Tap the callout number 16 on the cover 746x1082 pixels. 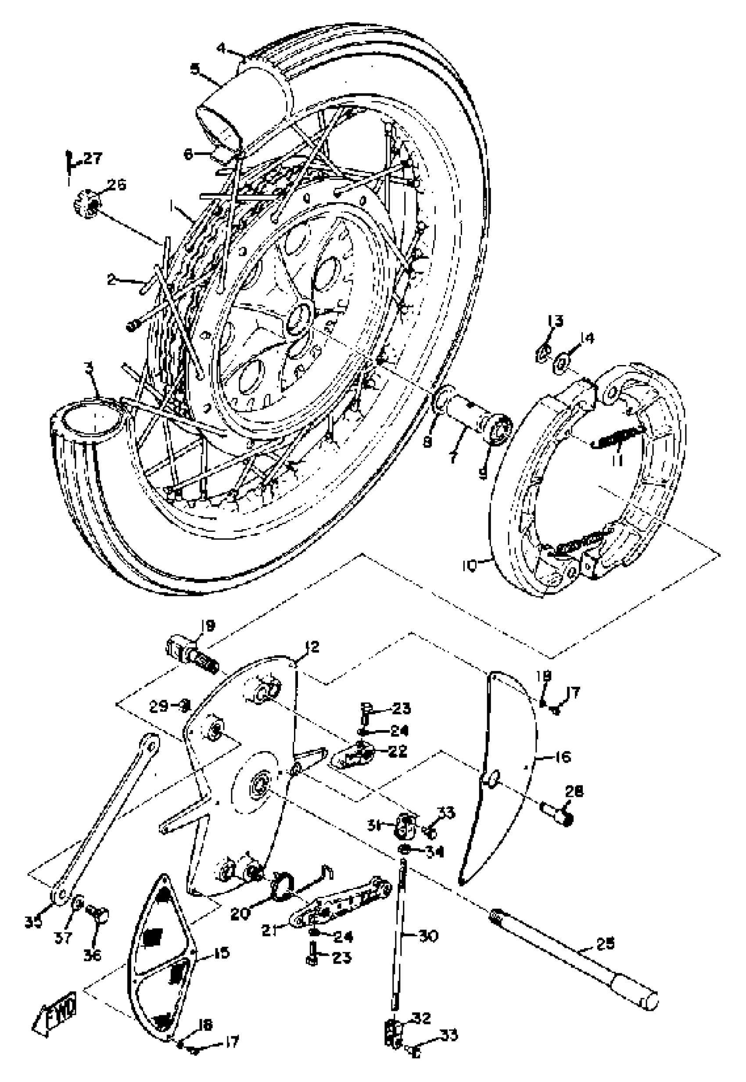tap(563, 756)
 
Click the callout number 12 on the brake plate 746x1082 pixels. tap(312, 647)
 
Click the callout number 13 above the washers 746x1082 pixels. tap(555, 321)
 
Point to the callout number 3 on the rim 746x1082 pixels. tap(88, 367)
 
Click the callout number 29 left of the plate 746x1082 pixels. tap(159, 706)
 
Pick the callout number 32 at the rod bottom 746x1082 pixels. tap(422, 1018)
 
